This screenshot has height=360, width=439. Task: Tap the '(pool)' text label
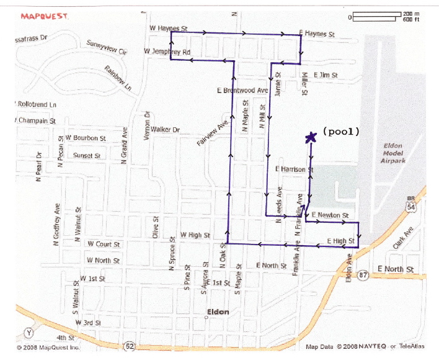click(340, 132)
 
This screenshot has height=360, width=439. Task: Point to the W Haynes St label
click(169, 29)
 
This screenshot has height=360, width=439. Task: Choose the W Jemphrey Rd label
click(167, 52)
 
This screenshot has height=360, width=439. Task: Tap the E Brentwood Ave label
click(242, 91)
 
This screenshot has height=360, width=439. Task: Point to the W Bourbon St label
click(86, 137)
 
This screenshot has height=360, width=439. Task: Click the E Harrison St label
click(294, 169)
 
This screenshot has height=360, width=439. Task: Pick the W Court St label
click(104, 245)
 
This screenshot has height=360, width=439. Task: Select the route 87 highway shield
click(363, 273)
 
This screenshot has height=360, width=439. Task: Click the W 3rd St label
click(87, 323)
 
